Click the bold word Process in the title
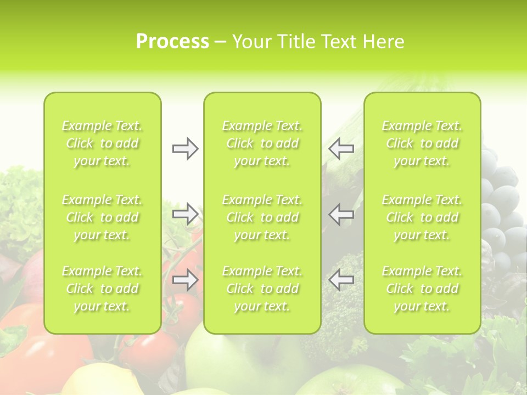click(172, 42)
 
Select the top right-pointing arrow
click(185, 149)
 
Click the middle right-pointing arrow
click(185, 213)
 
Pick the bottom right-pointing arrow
click(185, 280)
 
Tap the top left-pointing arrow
click(341, 149)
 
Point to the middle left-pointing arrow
click(341, 213)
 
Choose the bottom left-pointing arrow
click(341, 280)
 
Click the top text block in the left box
click(102, 143)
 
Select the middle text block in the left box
click(102, 217)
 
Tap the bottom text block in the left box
click(102, 289)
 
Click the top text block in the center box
click(262, 143)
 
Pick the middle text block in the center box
click(262, 217)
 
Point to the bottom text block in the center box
click(262, 289)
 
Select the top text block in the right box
click(422, 143)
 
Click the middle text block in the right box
click(422, 217)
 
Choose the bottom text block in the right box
click(422, 289)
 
